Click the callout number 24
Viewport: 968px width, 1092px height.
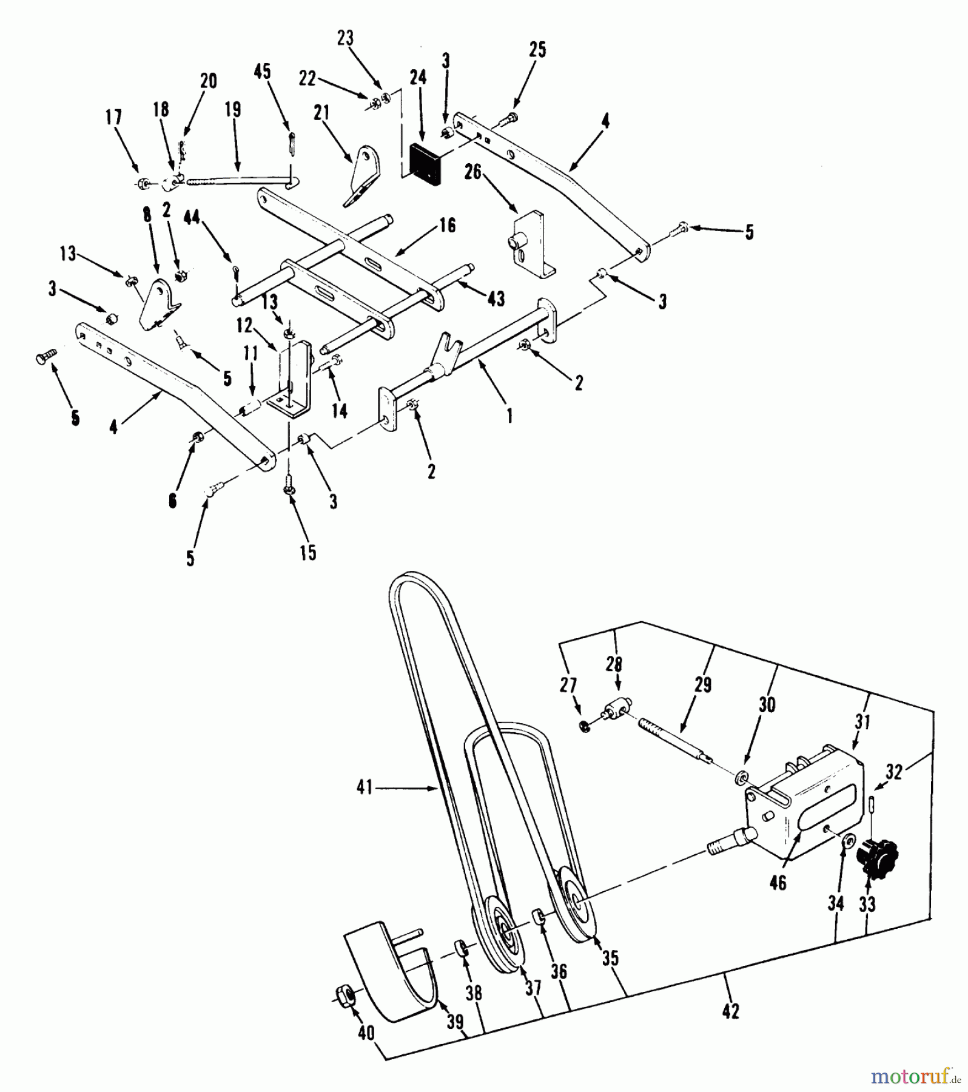[x=418, y=77]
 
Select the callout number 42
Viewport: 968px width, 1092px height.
[x=731, y=1011]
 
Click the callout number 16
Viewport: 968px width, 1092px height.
[x=447, y=226]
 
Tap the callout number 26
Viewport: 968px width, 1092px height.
[x=472, y=173]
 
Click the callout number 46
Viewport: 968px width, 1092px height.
[x=778, y=882]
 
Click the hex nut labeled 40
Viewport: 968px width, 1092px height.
[x=344, y=995]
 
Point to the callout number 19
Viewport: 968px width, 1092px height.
[x=233, y=109]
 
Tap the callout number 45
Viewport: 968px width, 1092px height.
[x=262, y=72]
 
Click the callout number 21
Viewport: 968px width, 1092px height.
[x=321, y=113]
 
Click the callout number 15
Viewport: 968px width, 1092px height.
[x=308, y=553]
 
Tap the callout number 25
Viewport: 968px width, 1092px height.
[x=538, y=49]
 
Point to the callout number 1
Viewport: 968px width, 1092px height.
[x=509, y=416]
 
